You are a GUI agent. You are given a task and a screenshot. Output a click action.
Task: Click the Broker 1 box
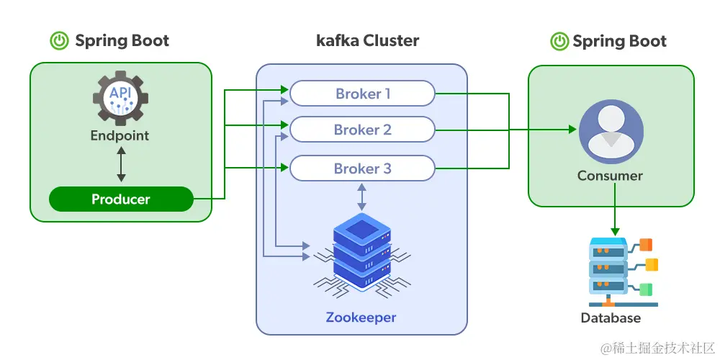[362, 94]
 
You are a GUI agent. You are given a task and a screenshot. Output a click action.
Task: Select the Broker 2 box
[362, 130]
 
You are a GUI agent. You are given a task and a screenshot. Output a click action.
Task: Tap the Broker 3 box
[362, 168]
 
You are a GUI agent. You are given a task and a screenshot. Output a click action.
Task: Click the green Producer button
[121, 199]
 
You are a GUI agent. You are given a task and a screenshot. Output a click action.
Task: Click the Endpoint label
[120, 135]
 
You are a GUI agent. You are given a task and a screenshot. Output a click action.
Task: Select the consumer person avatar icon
[611, 132]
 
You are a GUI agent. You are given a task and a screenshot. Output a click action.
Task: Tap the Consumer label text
[611, 176]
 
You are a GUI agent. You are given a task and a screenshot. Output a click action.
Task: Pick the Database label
[611, 318]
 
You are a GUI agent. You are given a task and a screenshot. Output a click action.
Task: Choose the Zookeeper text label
[361, 318]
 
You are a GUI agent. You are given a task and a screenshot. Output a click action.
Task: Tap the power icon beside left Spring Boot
[59, 41]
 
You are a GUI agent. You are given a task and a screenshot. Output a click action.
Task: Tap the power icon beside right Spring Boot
[559, 41]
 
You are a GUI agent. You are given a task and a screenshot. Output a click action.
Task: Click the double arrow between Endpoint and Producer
[121, 165]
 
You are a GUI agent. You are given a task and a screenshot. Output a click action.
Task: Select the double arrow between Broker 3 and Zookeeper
[361, 197]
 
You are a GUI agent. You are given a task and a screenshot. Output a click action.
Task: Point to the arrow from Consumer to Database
[614, 209]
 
